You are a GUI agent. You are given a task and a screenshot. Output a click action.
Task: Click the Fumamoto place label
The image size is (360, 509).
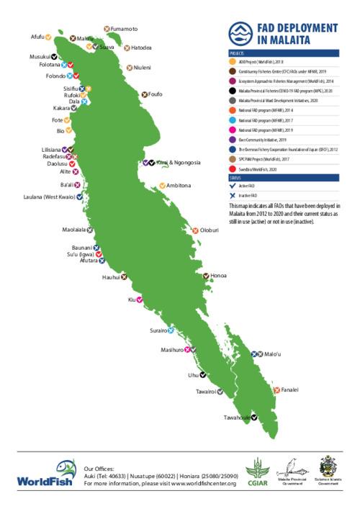point(125,28)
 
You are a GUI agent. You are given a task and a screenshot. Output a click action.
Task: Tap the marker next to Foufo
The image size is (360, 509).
point(144,94)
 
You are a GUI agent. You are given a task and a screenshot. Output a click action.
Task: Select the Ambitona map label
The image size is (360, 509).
point(179,186)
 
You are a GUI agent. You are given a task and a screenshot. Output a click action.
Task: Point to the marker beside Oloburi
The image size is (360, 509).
point(195,230)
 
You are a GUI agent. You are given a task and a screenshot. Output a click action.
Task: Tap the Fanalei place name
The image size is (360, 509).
point(289,389)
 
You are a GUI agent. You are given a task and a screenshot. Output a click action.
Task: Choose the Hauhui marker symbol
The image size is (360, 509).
point(125,276)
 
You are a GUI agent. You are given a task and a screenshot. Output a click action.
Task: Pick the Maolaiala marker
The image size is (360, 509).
point(91,230)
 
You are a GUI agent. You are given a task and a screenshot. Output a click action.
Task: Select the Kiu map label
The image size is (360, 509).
point(131,299)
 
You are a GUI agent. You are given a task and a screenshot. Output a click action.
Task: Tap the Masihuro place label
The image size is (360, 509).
point(173,350)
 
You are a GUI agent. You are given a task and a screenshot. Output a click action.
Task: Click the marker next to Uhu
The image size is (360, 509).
point(203,374)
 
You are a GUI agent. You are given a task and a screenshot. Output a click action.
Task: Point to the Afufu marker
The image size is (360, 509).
point(49,36)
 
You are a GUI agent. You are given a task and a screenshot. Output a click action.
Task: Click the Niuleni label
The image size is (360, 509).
point(143,68)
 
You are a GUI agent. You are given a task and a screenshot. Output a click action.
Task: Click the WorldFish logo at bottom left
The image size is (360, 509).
point(45,473)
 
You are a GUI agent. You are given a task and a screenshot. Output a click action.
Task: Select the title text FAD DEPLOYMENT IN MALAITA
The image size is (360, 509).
point(296,33)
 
